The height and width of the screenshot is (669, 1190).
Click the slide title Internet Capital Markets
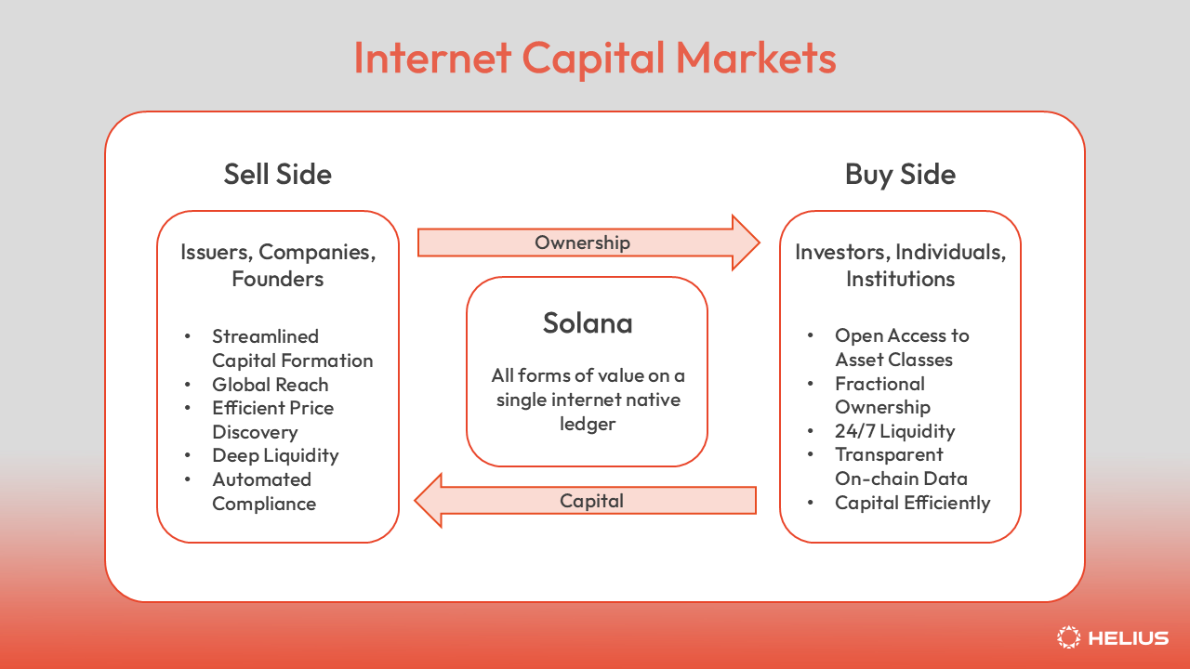tap(595, 58)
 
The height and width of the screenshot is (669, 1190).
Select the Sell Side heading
tap(277, 174)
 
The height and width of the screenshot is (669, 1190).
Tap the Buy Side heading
tap(899, 174)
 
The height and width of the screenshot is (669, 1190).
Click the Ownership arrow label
tap(582, 243)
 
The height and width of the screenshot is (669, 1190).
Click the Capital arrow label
tap(591, 501)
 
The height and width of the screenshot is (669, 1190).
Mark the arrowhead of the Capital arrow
tap(424, 501)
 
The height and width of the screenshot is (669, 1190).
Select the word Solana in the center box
tap(587, 323)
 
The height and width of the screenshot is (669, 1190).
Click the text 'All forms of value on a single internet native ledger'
tap(588, 400)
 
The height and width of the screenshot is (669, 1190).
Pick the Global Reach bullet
tap(270, 385)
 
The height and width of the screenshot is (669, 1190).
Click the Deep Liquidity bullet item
tap(275, 455)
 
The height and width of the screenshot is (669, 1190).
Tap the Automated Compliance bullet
tap(264, 492)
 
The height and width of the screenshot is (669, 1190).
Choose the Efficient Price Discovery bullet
tap(272, 420)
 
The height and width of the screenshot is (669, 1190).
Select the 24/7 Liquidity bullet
tap(894, 431)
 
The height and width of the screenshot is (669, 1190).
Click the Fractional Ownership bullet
tap(881, 395)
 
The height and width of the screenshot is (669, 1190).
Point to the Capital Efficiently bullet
tap(912, 503)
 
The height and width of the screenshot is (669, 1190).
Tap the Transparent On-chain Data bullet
tap(900, 466)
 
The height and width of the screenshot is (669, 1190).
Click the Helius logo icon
tap(1069, 637)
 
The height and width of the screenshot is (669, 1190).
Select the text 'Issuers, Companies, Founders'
tap(277, 265)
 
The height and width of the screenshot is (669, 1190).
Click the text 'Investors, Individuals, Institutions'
tap(900, 265)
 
